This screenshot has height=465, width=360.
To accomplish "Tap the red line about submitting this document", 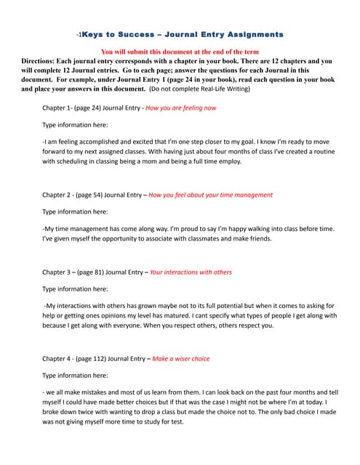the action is [180, 52].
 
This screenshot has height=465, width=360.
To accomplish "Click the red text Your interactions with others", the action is [191, 272].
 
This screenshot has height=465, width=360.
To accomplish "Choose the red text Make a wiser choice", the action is [181, 358].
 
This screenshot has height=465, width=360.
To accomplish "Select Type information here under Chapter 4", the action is [75, 375].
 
